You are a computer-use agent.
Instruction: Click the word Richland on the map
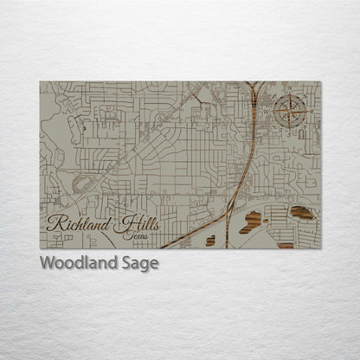80,223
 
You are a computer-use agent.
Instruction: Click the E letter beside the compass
305,111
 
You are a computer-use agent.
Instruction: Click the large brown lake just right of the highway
252,221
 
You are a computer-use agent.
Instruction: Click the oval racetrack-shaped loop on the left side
84,183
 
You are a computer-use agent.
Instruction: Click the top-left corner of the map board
40,82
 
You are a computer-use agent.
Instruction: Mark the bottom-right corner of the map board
321,248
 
